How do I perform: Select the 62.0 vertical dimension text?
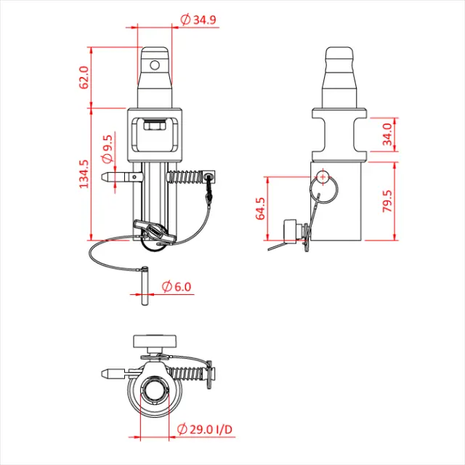tap(84, 77)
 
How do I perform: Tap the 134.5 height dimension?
tap(84, 175)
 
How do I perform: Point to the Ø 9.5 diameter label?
tap(108, 147)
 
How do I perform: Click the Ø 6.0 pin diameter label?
tap(177, 287)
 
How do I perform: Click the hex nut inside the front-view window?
tap(154, 126)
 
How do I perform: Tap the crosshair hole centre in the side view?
tap(322, 175)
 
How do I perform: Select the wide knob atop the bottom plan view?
tap(155, 341)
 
